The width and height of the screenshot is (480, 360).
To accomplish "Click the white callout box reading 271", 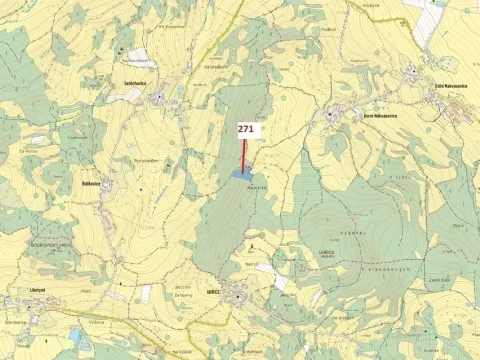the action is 247,129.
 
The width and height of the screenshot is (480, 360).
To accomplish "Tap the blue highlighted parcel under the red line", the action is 241,174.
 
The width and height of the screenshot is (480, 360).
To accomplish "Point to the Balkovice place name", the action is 92,183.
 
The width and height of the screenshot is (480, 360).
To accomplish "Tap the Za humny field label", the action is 183,295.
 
